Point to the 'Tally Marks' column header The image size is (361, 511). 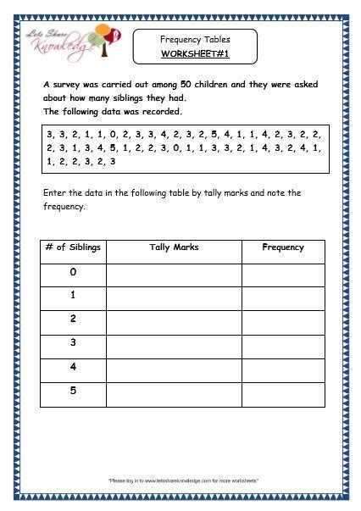[173, 247]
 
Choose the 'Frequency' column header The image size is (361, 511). [283, 247]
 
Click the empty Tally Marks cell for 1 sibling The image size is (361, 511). [173, 297]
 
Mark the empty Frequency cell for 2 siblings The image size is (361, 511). [283, 321]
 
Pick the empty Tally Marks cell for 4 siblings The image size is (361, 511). [173, 369]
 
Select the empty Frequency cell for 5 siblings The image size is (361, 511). [283, 392]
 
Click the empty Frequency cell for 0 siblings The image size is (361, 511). [283, 274]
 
